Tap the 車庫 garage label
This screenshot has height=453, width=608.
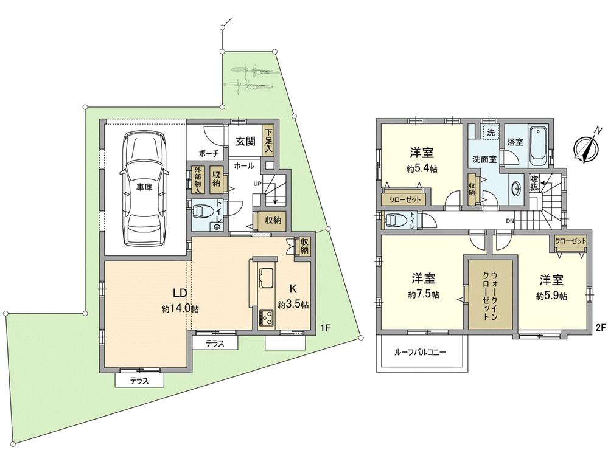[144, 187]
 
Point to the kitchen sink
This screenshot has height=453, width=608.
[266, 278]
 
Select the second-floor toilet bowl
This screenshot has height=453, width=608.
[394, 220]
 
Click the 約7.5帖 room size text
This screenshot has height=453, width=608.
[424, 294]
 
